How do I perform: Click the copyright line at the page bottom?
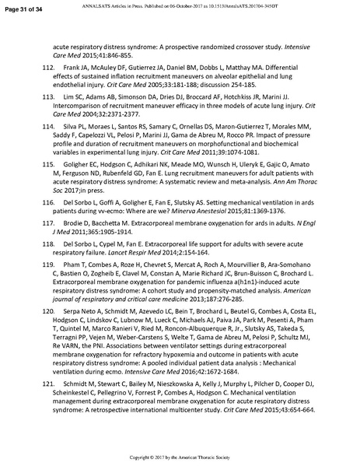click(180, 456)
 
